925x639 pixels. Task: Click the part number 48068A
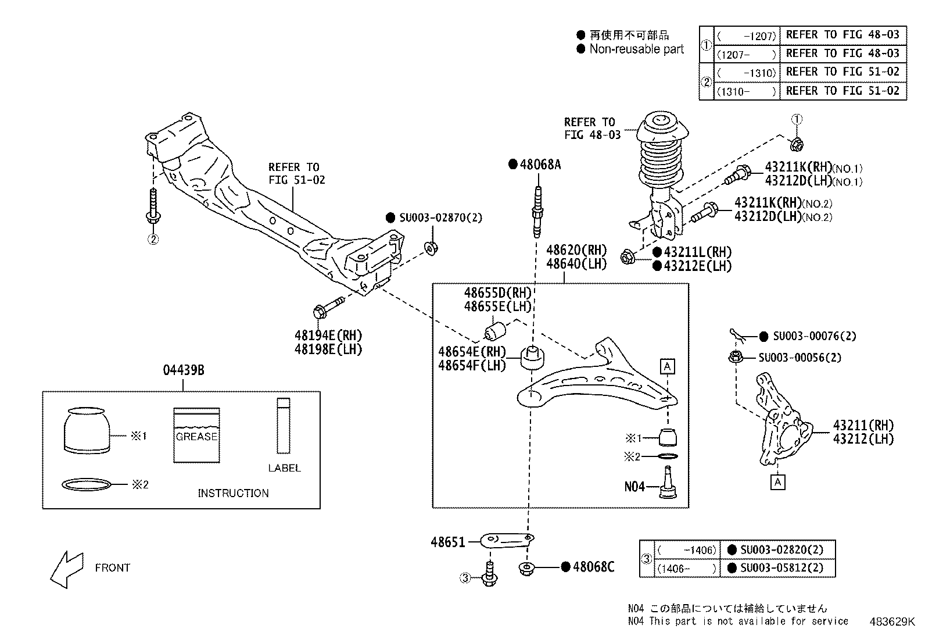[540, 165]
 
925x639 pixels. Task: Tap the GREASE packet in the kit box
[196, 435]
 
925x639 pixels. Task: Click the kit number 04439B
[183, 370]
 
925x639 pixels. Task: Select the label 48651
[448, 542]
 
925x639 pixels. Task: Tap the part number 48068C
[593, 567]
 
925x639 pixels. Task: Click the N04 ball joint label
[634, 487]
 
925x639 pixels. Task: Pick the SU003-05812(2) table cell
[781, 568]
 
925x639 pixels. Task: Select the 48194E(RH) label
[328, 335]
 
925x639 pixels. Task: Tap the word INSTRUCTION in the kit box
[233, 493]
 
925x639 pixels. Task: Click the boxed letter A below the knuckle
[778, 482]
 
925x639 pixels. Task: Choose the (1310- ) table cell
[747, 92]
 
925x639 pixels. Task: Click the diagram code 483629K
[892, 622]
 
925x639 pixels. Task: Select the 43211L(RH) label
[697, 252]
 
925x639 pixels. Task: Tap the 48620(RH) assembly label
[576, 251]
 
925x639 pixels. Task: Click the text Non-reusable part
[636, 49]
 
